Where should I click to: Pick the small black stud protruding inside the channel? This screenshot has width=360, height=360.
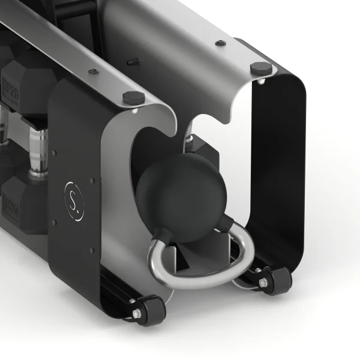click(x=133, y=61)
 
